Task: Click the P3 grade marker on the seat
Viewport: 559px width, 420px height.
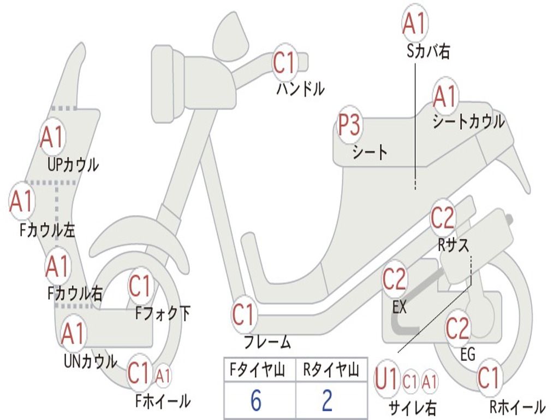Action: tap(349, 126)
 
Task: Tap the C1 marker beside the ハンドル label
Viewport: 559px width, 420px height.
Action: tap(284, 63)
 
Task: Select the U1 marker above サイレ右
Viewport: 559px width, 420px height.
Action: tap(386, 381)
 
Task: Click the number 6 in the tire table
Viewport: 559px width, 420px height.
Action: tap(256, 401)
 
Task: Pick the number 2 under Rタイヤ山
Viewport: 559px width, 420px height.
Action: tap(327, 401)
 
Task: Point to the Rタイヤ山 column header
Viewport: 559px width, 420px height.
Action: tap(331, 371)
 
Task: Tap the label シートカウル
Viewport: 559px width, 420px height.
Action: tap(468, 122)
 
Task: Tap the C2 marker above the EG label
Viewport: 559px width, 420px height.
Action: tap(457, 329)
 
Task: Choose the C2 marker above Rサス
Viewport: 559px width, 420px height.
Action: tap(443, 218)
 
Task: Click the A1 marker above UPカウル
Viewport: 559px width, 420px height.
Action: tap(52, 137)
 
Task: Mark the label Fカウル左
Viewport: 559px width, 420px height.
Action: tap(47, 230)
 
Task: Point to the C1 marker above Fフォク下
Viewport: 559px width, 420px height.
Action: tap(140, 285)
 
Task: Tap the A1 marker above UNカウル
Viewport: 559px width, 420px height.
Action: tap(73, 334)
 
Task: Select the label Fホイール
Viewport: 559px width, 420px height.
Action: tap(163, 401)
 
